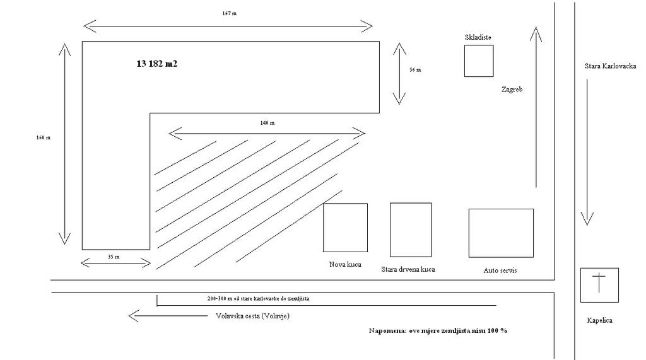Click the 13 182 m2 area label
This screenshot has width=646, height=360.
157,64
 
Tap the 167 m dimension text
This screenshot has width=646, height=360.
230,13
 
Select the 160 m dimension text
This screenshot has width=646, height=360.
44,137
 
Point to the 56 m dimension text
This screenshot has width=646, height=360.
415,70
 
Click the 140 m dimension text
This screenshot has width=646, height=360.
267,123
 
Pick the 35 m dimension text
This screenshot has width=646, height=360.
114,257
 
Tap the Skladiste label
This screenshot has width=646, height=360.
478,37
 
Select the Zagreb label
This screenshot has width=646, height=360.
512,90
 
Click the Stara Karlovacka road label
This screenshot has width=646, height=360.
610,66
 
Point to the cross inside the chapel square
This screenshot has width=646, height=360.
599,282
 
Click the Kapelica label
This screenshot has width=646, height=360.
599,320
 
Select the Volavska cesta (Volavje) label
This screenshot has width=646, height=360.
252,316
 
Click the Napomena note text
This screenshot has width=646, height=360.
438,330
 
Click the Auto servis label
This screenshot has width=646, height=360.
500,270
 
